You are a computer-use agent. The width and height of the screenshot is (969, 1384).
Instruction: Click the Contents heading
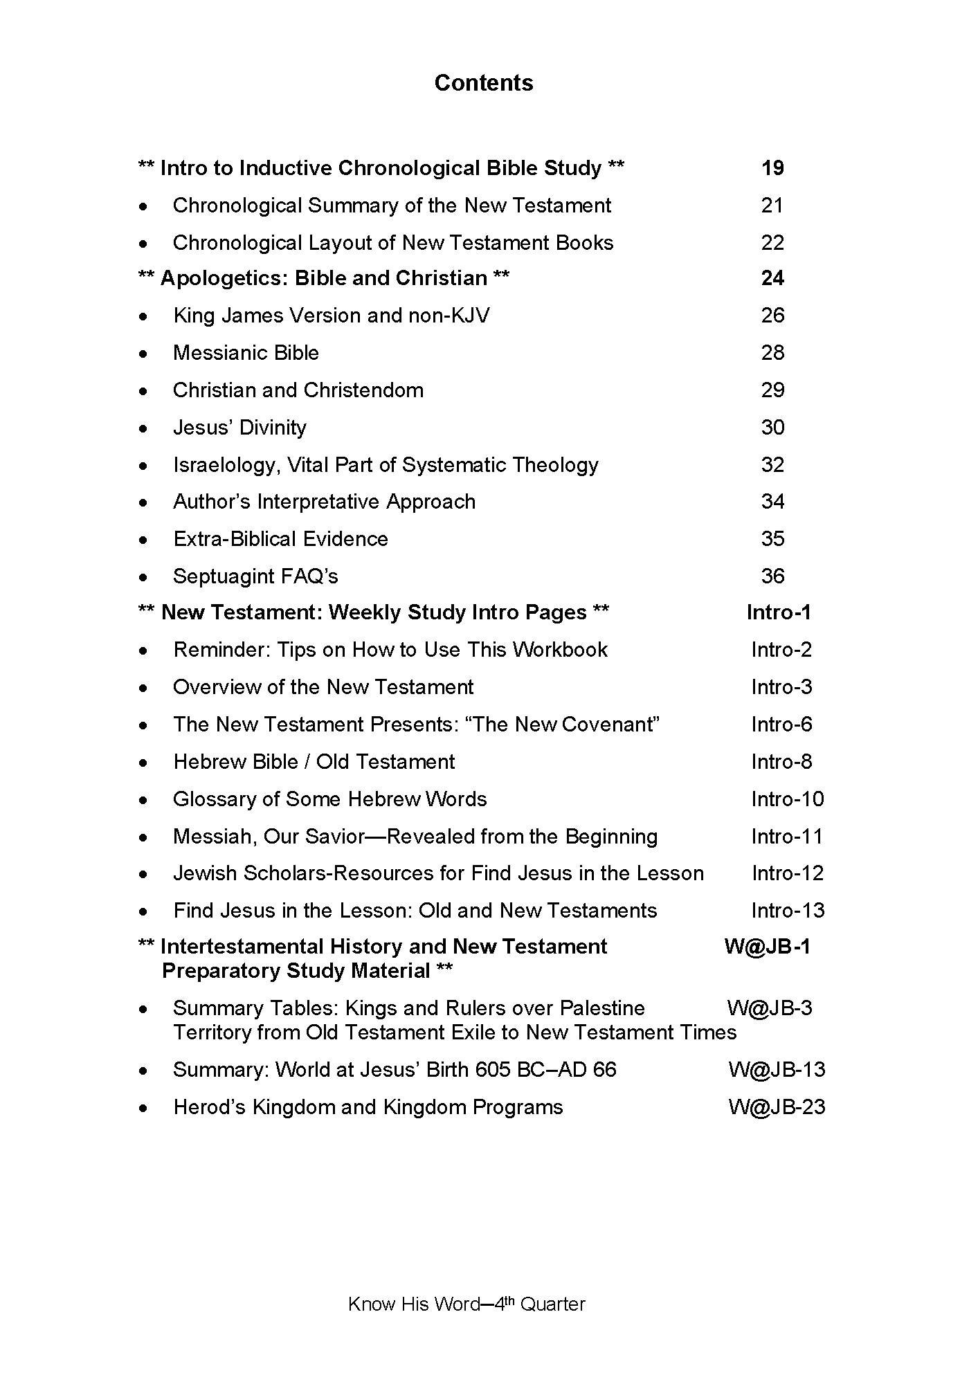[484, 83]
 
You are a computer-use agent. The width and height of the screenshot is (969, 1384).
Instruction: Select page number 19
[772, 168]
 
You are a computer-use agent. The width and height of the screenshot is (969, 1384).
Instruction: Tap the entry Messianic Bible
[246, 353]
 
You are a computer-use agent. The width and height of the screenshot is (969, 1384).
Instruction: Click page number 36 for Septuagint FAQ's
[772, 576]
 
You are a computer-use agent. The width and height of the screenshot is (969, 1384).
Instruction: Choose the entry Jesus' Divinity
[239, 428]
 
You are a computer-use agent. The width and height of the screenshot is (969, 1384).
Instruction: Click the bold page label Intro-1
[779, 612]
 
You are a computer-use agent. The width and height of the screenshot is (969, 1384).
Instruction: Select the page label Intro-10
[788, 799]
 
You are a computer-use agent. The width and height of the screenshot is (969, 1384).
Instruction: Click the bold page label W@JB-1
[767, 946]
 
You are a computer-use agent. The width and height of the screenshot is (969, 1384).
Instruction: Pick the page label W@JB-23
[777, 1107]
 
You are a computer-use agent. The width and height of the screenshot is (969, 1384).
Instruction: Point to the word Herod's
[210, 1107]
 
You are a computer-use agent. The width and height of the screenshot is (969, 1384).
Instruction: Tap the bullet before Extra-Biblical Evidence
[143, 540]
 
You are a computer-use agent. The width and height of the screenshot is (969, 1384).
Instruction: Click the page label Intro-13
[788, 911]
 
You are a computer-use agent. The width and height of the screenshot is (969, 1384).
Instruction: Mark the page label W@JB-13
[777, 1070]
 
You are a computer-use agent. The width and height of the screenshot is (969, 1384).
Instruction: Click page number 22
[772, 243]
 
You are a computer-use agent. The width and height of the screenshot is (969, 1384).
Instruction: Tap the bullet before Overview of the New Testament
[143, 688]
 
